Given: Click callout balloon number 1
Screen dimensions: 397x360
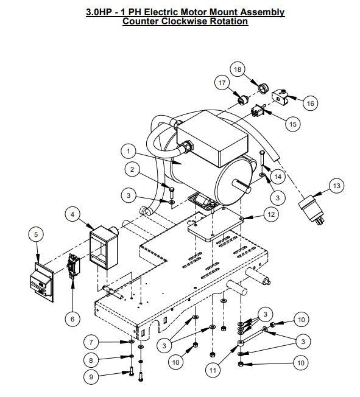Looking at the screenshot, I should click(x=129, y=149).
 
